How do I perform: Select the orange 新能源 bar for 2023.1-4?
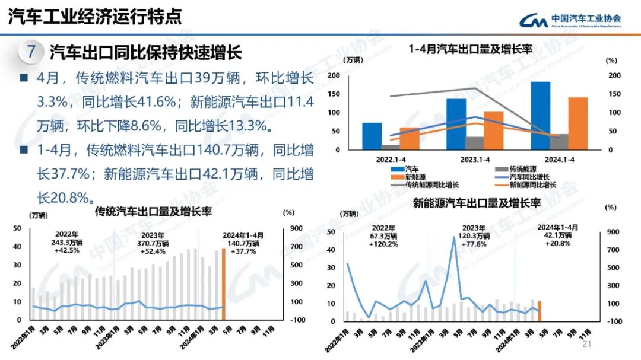click(493, 130)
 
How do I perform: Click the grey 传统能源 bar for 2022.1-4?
click(391, 146)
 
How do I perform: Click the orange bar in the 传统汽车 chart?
click(223, 283)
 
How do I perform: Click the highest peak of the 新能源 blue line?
click(454, 238)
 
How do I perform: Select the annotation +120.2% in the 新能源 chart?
click(382, 244)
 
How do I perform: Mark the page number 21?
click(588, 345)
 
